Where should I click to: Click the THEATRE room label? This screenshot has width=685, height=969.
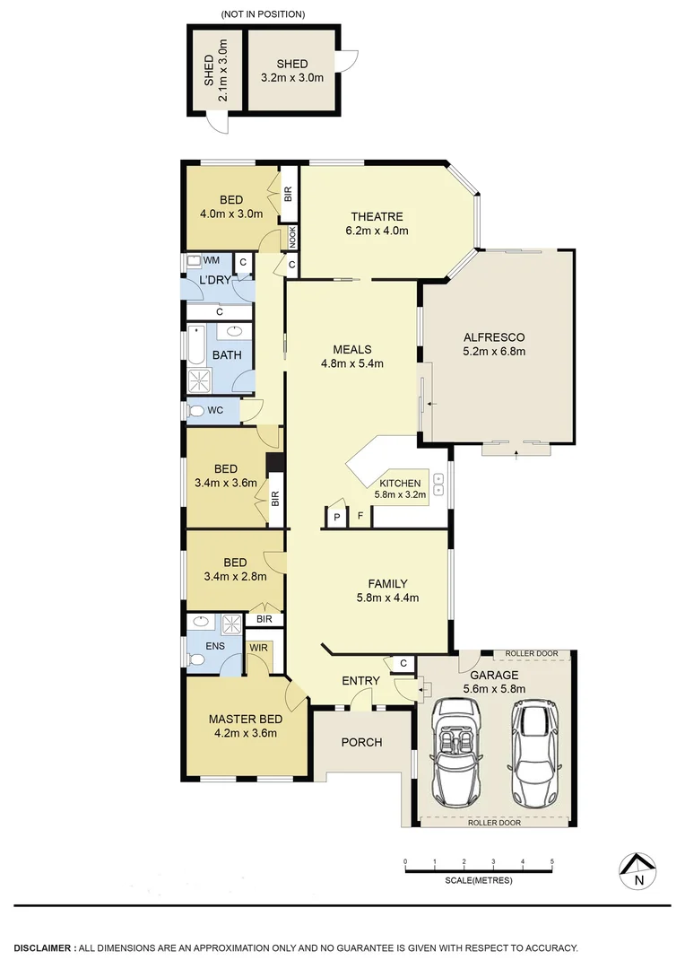click(x=377, y=216)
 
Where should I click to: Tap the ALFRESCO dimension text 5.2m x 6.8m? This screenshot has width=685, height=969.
click(x=493, y=352)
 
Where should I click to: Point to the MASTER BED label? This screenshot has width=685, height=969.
click(x=246, y=719)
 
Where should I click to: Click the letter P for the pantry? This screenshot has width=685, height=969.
click(x=337, y=518)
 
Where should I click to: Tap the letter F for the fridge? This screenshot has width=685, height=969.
click(x=360, y=518)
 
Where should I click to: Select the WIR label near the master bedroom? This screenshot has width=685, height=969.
click(x=259, y=647)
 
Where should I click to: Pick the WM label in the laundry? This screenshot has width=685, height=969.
click(x=212, y=260)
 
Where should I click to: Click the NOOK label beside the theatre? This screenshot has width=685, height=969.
click(x=292, y=236)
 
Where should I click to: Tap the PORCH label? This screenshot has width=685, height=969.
click(x=362, y=742)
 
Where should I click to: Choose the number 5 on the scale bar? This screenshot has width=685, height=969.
click(x=552, y=861)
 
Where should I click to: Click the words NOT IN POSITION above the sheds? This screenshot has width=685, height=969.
click(x=263, y=14)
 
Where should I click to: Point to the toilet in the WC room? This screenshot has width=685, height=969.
click(x=197, y=411)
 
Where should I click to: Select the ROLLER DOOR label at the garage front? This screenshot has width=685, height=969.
click(x=493, y=822)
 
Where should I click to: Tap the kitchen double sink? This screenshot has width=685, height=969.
click(x=439, y=484)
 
